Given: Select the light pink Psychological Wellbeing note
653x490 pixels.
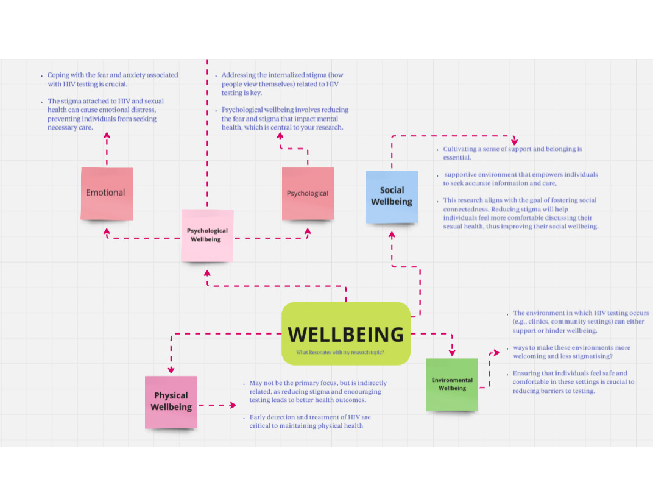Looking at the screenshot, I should (207, 235).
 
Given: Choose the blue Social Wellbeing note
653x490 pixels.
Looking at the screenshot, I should (392, 196).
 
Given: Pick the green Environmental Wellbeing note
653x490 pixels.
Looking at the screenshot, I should (452, 384).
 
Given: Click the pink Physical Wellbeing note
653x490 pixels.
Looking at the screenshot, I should (171, 402).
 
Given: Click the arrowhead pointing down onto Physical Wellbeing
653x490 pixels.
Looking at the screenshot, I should (171, 370).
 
